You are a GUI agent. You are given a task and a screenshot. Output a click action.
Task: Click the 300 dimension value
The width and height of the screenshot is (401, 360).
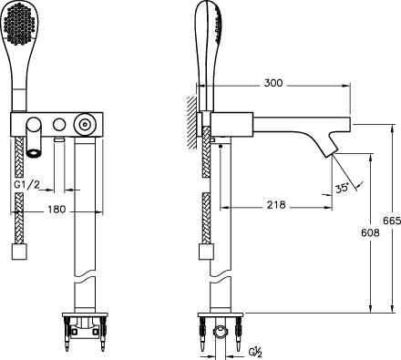pyautogui.click(x=273, y=83)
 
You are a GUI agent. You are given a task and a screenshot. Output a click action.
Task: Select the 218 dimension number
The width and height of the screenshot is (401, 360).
pyautogui.click(x=276, y=205)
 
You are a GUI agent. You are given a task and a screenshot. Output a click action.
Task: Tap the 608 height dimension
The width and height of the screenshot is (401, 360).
pyautogui.click(x=370, y=232)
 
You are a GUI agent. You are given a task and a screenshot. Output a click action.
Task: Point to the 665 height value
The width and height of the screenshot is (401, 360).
pyautogui.click(x=392, y=221)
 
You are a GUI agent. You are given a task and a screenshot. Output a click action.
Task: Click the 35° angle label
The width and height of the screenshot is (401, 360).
pyautogui.click(x=342, y=188)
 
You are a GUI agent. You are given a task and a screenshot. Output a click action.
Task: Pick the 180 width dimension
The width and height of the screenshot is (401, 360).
pyautogui.click(x=57, y=209)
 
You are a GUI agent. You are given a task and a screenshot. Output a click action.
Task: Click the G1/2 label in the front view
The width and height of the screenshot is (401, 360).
pyautogui.click(x=26, y=185)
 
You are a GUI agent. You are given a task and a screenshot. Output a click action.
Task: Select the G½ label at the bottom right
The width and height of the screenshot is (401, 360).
pyautogui.click(x=255, y=353)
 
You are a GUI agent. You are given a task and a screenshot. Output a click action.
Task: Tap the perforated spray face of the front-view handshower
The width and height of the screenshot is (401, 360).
pyautogui.click(x=20, y=24)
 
